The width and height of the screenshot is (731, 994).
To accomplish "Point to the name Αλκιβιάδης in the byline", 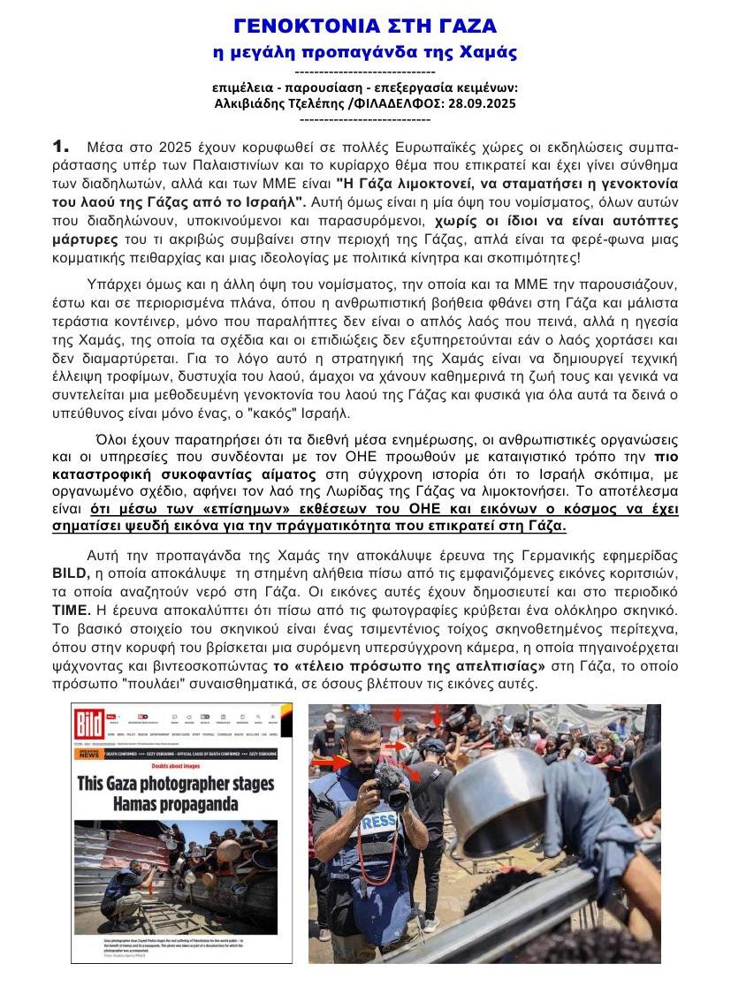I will (x=252, y=102).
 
